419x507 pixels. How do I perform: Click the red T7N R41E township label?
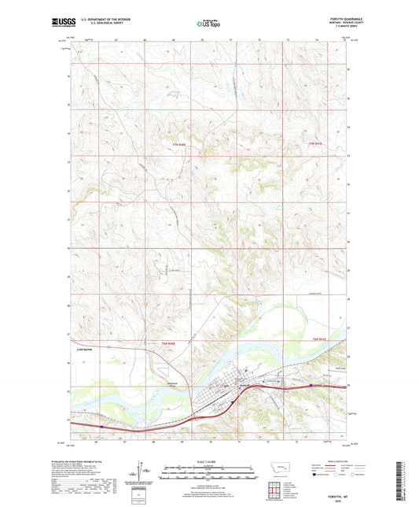pos(315,143)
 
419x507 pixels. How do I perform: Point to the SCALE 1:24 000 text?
pos(208,463)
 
